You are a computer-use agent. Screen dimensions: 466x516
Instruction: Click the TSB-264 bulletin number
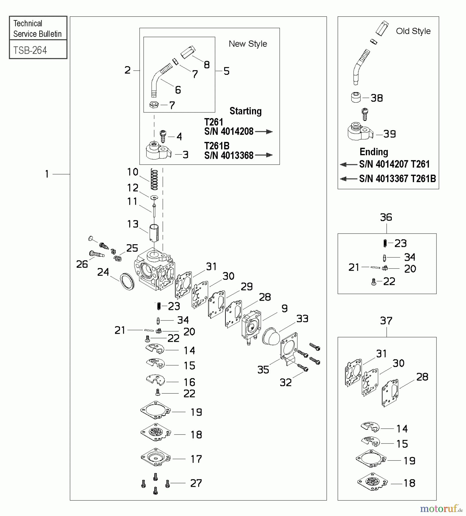30,50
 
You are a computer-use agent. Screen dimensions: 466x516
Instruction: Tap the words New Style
248,44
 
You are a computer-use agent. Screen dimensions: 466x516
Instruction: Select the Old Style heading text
413,31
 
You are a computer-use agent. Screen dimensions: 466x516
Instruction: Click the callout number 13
133,224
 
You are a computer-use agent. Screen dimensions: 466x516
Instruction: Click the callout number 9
284,308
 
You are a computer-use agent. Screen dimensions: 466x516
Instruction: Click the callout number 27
196,483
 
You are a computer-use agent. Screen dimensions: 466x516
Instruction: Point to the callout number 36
386,217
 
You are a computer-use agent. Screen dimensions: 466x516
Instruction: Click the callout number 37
386,320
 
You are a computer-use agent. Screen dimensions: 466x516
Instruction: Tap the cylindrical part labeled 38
356,97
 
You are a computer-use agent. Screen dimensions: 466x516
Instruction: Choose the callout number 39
389,134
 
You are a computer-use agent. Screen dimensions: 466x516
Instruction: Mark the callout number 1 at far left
47,174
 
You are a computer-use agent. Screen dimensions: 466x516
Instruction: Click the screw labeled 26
96,254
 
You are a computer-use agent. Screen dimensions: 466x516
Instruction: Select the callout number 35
263,370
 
